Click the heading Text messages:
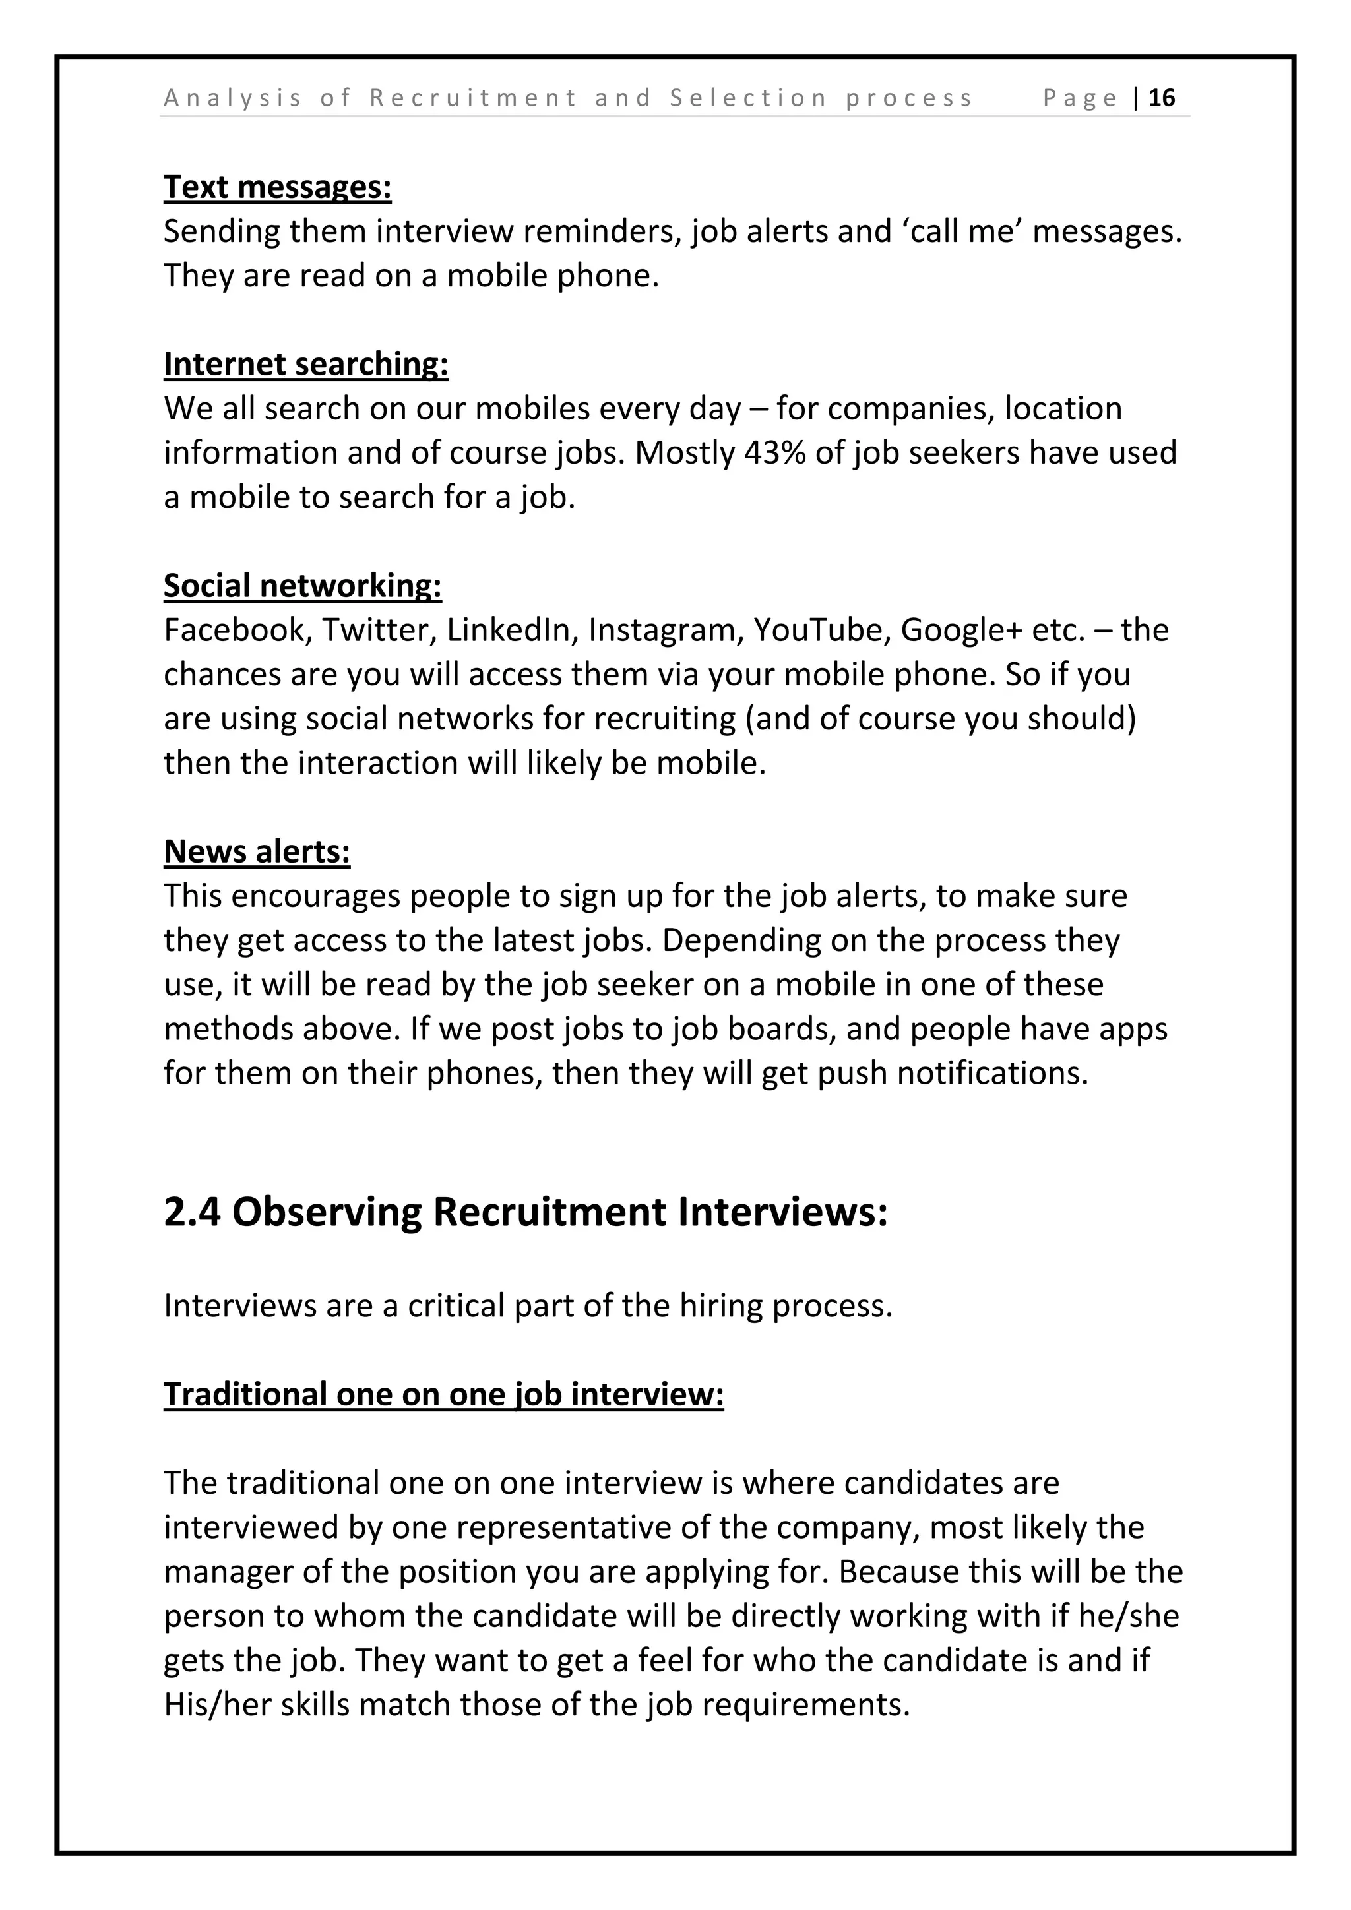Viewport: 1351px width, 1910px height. click(277, 187)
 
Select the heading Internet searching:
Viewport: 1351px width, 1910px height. click(305, 364)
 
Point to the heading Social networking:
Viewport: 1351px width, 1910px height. click(302, 586)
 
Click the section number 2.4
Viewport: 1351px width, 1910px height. click(191, 1212)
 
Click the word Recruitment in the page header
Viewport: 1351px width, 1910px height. click(472, 98)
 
